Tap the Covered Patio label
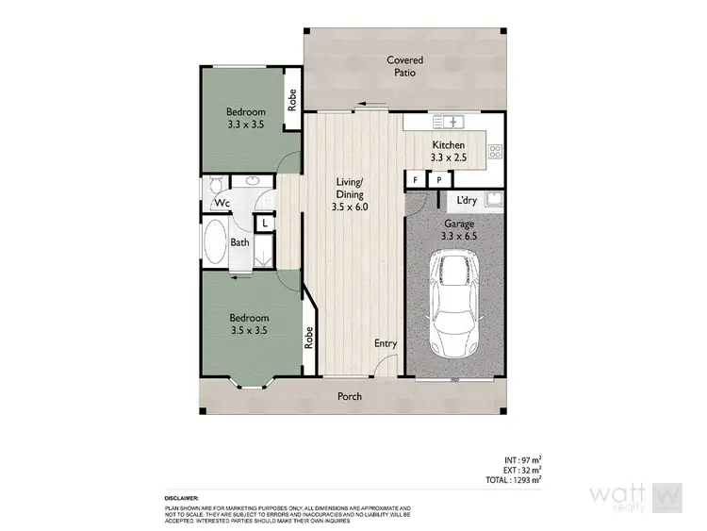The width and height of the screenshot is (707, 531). [x=404, y=66]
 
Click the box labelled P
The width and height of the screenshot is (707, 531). [x=438, y=179]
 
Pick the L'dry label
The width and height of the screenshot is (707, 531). [x=466, y=201]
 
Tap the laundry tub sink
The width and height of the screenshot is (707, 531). [x=493, y=198]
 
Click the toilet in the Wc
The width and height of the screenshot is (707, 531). [x=216, y=185]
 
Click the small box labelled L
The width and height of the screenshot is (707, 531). [x=265, y=223]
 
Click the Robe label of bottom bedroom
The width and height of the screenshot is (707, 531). [x=308, y=337]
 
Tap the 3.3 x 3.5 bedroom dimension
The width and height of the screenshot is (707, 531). [x=245, y=123]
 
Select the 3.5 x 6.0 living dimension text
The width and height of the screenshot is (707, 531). [x=351, y=206]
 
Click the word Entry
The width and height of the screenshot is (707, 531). [x=386, y=343]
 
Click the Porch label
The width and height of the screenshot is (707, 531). [x=350, y=396]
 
